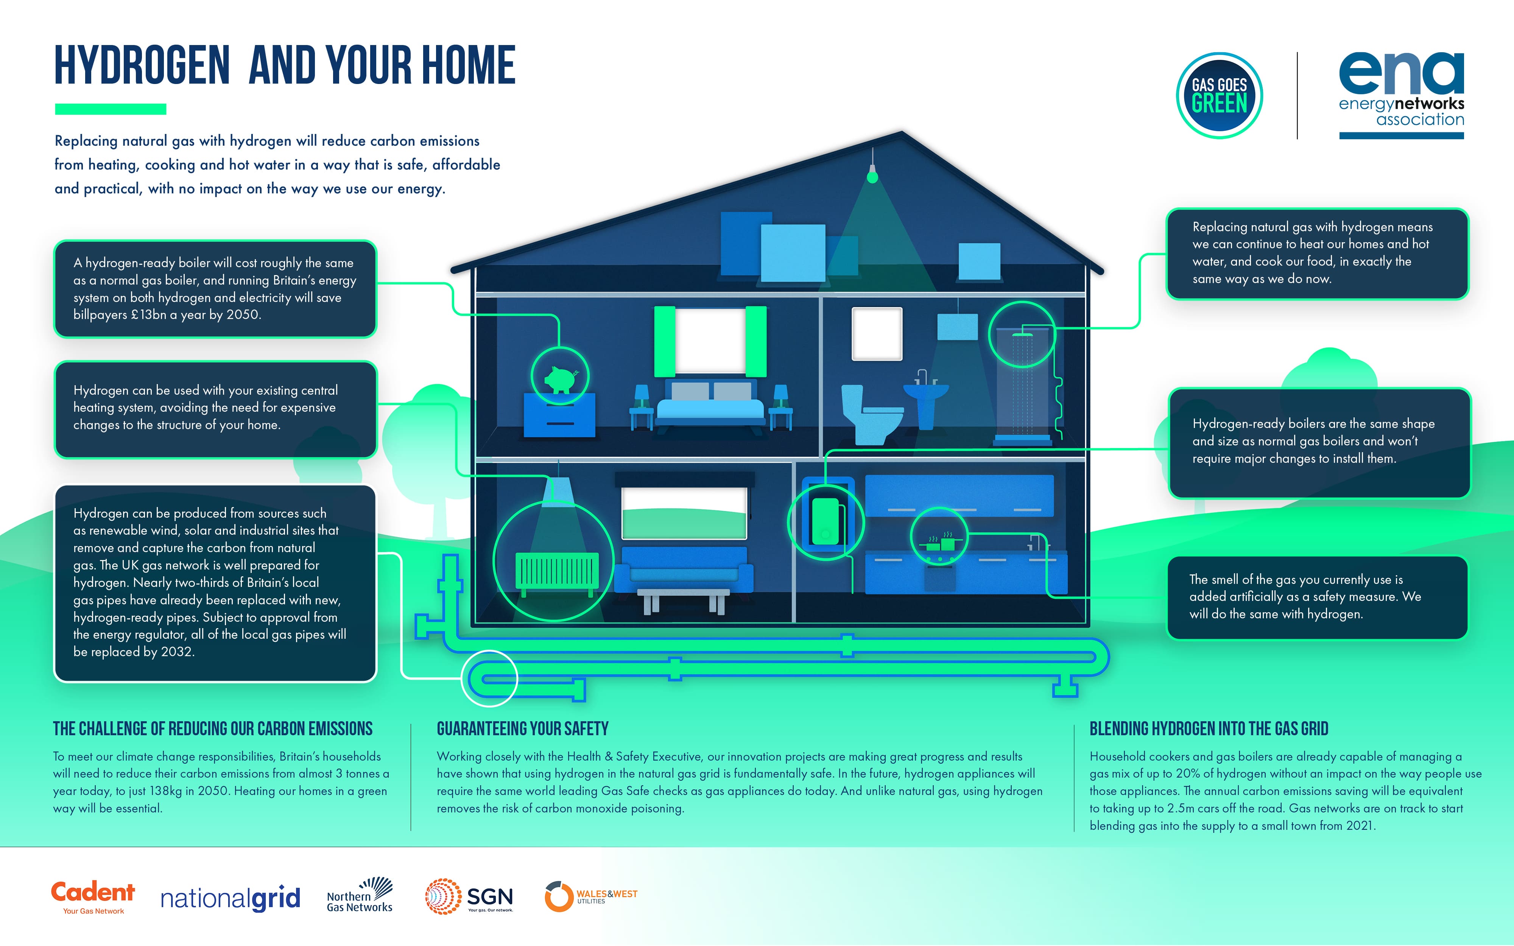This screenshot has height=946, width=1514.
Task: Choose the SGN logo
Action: pos(469,896)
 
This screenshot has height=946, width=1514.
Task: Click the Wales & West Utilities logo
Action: pos(590,896)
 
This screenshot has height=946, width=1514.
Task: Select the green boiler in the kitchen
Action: pos(825,521)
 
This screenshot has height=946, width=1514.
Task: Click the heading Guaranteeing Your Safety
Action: pos(522,729)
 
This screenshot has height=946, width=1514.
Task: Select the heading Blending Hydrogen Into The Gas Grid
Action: pos(1209,729)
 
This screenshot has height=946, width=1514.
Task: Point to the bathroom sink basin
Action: pos(926,391)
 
